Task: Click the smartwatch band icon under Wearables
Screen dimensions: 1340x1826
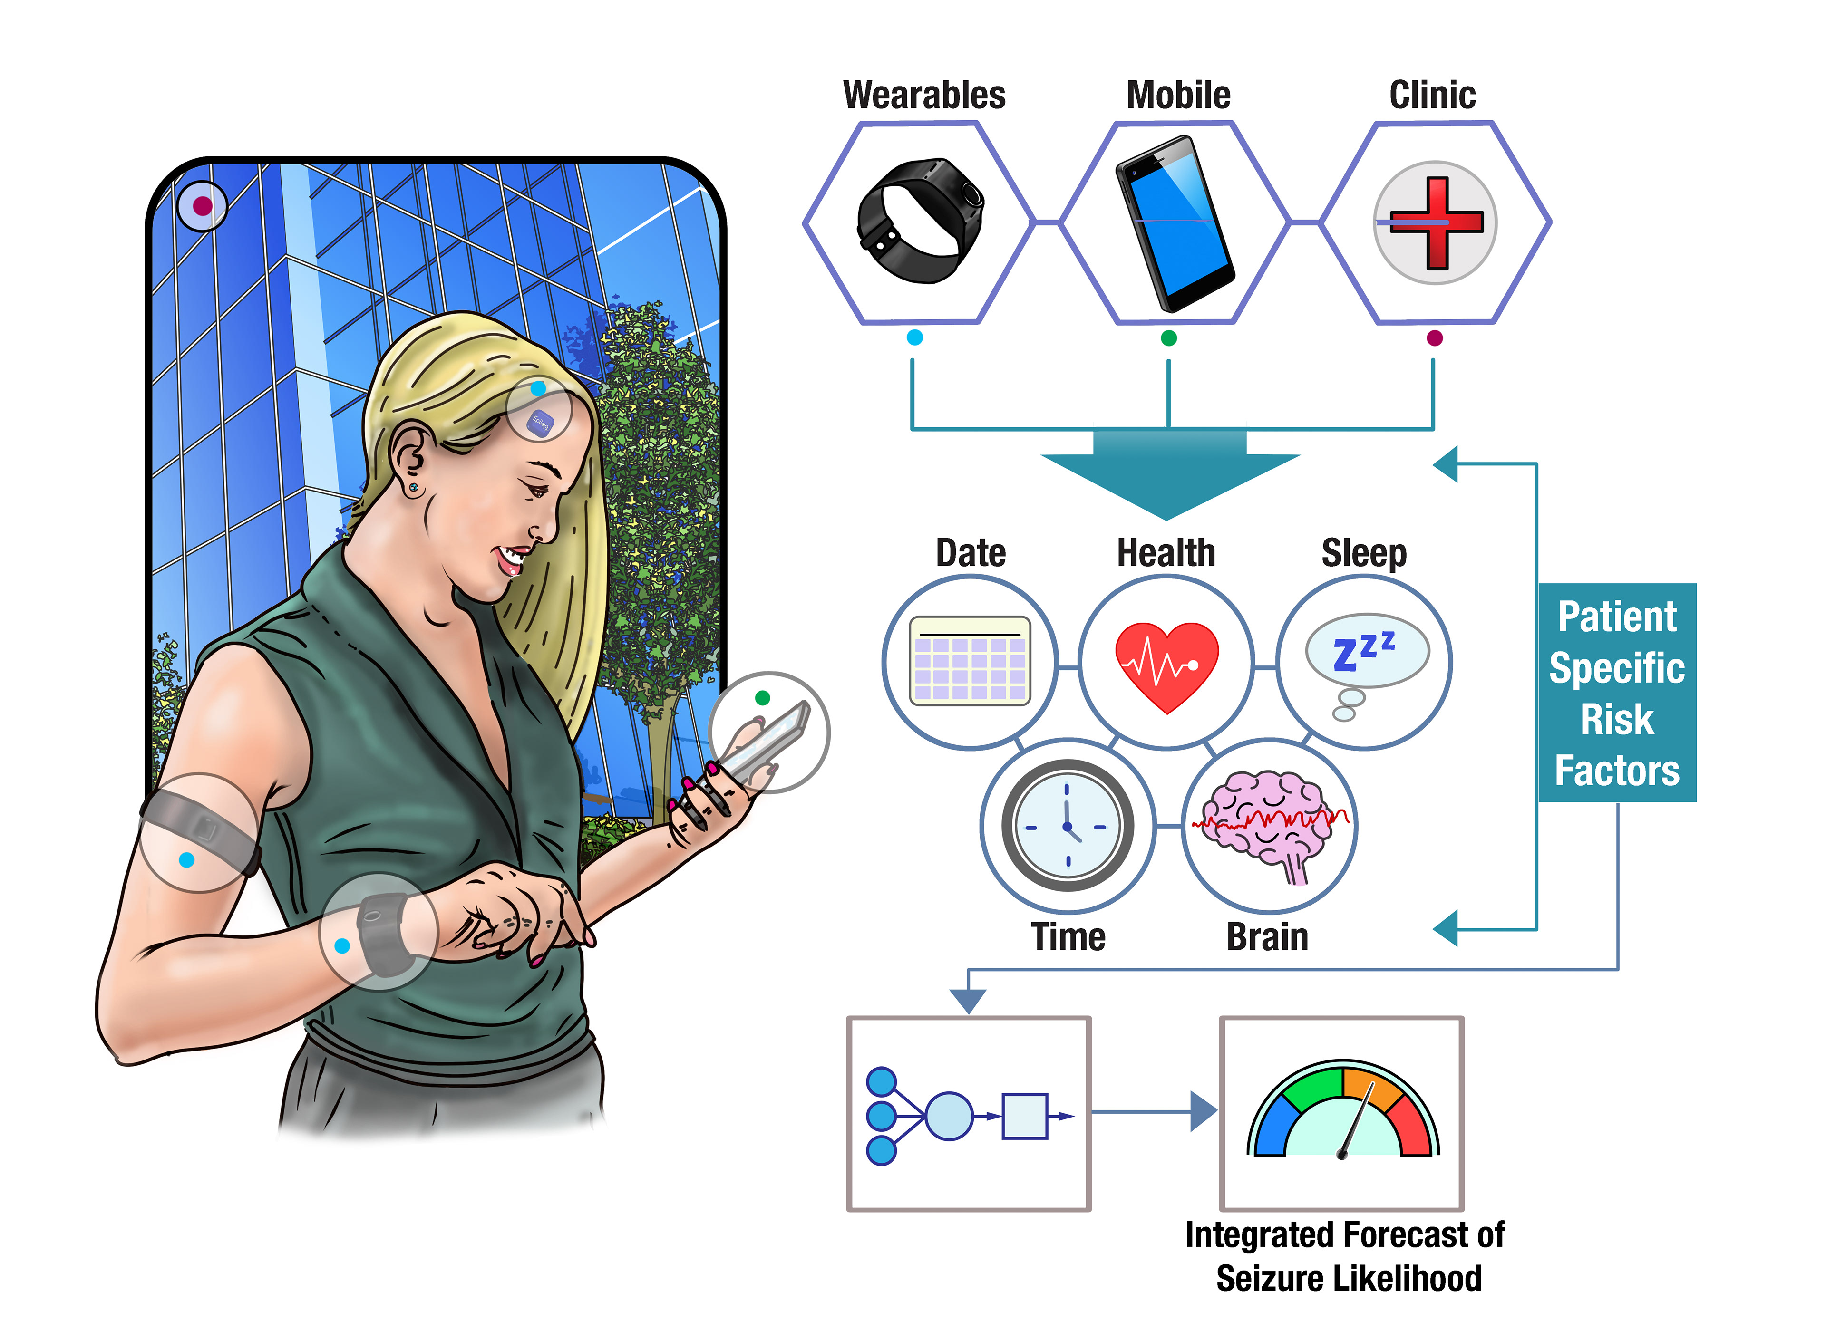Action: pyautogui.click(x=919, y=221)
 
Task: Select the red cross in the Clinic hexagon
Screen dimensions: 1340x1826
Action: pyautogui.click(x=1435, y=222)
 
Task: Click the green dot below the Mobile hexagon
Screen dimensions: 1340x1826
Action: pyautogui.click(x=1168, y=338)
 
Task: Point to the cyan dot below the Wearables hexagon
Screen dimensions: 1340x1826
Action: pyautogui.click(x=914, y=337)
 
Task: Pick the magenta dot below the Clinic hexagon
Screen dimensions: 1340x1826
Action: pyautogui.click(x=1434, y=338)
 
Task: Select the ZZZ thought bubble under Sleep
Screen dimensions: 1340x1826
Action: pyautogui.click(x=1366, y=651)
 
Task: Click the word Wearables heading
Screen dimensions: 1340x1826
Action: pyautogui.click(x=924, y=95)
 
